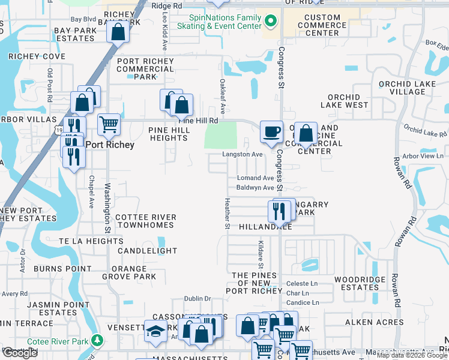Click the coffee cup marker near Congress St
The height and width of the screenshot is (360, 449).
(271, 131)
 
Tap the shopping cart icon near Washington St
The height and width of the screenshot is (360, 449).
(109, 125)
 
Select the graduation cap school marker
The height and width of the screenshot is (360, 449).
(155, 331)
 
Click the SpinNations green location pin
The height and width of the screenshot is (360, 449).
(271, 22)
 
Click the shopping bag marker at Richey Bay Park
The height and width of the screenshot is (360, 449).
(118, 32)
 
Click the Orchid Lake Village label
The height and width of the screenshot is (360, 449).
(399, 88)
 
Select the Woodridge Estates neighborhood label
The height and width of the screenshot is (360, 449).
(356, 283)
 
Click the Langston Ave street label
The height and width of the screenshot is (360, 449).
(243, 154)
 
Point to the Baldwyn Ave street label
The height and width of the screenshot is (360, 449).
(255, 188)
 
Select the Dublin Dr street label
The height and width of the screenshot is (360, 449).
(198, 298)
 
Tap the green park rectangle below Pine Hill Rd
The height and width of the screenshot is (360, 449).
(220, 135)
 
